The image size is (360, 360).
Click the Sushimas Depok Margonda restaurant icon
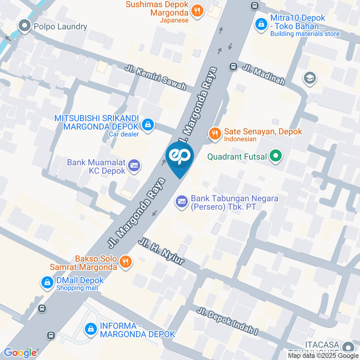click(197, 11)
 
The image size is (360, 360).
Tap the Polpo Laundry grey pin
click(25, 26)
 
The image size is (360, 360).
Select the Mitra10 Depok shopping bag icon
click(260, 24)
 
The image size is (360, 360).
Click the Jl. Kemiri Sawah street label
click(155, 78)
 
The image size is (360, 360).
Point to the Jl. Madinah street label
click(264, 74)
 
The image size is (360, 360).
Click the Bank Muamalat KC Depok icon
click(134, 165)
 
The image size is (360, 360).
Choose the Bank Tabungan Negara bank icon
click(182, 202)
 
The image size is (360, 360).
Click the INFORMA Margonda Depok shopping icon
click(90, 329)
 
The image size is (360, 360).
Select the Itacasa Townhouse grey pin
click(349, 346)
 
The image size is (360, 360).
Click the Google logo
click(20, 353)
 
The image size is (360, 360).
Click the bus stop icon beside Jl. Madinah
click(233, 66)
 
